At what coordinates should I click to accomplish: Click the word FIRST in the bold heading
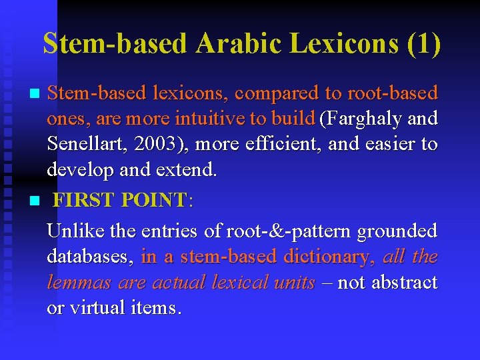[84, 200]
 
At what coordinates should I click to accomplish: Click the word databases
[91, 257]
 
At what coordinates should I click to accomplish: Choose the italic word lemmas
[79, 282]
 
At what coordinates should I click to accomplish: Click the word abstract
[403, 282]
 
